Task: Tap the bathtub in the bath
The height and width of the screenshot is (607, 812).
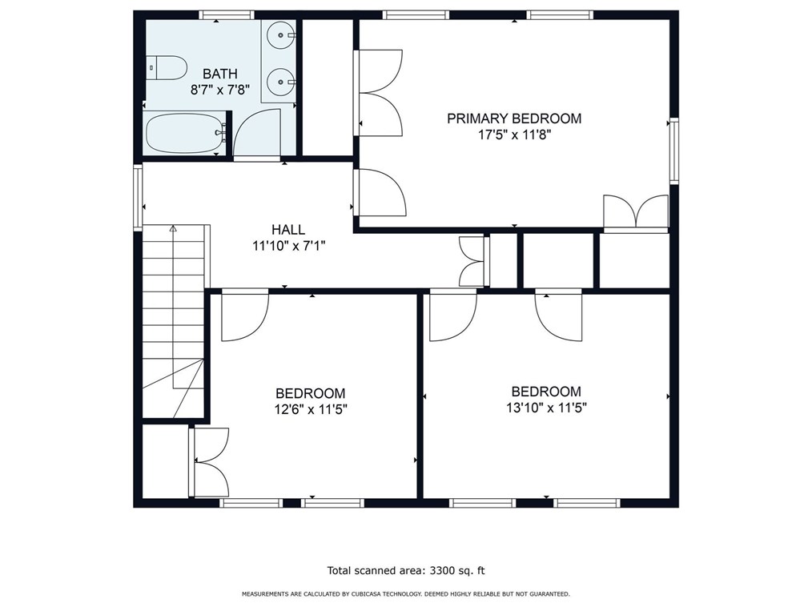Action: point(186,133)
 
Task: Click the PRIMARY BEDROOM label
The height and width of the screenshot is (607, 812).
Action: point(514,119)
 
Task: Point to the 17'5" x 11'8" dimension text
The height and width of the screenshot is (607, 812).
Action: point(514,135)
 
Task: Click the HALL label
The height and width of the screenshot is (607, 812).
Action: point(288,230)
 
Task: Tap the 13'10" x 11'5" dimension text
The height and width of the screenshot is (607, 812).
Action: point(546,408)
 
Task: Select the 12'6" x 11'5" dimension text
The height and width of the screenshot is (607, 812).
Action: point(310,410)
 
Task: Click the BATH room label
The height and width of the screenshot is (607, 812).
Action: point(220,74)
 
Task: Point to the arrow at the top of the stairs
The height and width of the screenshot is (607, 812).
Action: point(173,228)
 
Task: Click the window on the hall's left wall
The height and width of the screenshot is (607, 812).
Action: point(138,197)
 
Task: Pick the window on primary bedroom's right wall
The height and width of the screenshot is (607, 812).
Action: point(673,151)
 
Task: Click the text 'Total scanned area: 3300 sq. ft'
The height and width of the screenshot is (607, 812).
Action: point(406,571)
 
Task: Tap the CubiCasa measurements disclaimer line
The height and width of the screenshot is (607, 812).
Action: point(406,594)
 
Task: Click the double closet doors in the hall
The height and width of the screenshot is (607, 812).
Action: point(472,261)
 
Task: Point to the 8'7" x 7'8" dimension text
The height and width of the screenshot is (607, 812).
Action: point(220,90)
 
